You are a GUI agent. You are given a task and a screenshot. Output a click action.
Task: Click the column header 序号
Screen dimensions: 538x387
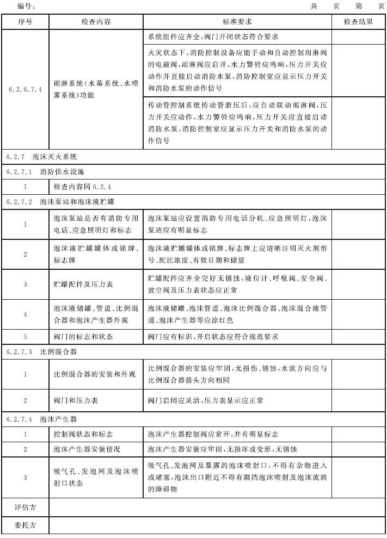(x=25, y=22)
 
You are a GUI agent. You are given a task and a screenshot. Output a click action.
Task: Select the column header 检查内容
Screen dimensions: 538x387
(x=96, y=22)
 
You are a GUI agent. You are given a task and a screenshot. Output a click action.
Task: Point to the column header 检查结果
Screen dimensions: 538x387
(x=358, y=22)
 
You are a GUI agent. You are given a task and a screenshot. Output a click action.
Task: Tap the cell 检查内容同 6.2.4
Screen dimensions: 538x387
(x=82, y=187)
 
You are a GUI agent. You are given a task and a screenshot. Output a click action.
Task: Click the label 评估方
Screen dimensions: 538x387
(x=25, y=507)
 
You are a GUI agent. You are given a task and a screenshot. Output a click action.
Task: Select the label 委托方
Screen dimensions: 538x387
(x=25, y=526)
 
